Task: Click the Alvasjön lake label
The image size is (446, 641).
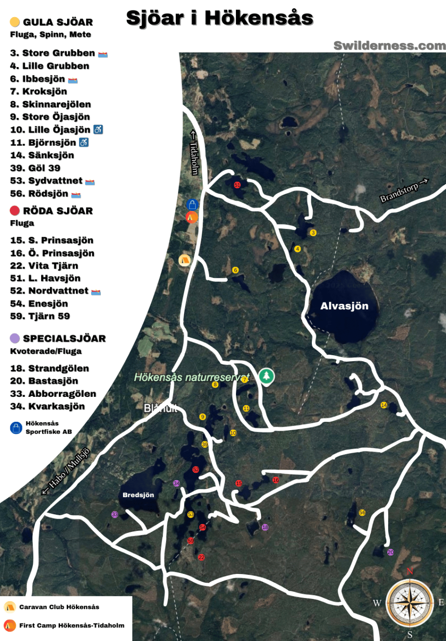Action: point(344,306)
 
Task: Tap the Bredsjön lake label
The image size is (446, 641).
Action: point(138,495)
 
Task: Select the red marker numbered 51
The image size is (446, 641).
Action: point(237,185)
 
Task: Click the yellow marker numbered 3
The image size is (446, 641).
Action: point(313,233)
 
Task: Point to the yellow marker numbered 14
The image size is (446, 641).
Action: point(384,405)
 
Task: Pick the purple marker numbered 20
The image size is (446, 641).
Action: point(391,552)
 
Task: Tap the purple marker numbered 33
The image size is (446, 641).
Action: point(115,514)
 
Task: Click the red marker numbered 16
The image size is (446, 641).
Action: point(276,480)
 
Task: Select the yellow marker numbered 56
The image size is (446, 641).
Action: point(362,512)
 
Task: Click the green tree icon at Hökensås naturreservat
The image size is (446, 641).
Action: point(267,376)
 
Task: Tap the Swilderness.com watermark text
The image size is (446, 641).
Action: point(390,46)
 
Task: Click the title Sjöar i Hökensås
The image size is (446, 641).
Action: point(219,18)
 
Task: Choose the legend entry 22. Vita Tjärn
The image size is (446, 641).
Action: point(44,266)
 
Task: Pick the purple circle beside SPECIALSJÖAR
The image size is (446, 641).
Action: point(15,338)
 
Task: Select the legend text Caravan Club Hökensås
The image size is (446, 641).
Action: point(59,607)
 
